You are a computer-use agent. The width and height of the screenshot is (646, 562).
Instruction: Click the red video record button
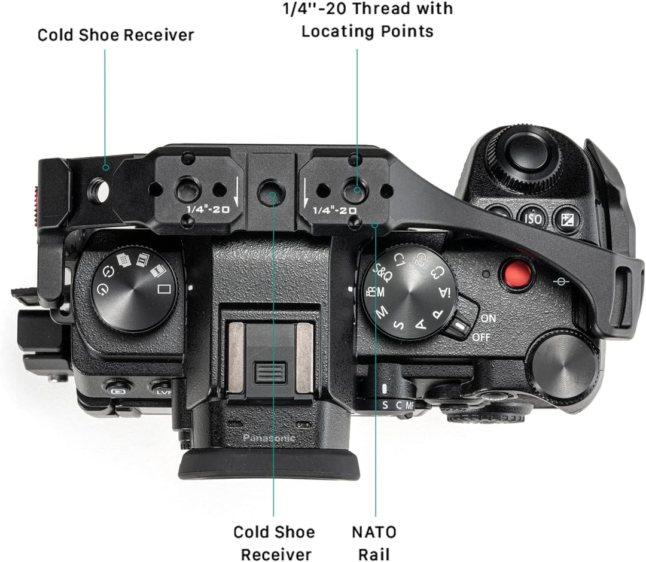[x=516, y=274]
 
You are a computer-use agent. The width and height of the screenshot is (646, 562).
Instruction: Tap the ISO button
[x=532, y=218]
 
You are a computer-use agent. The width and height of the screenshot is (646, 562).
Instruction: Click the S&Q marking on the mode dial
[x=382, y=271]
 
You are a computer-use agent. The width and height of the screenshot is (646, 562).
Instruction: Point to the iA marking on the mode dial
[x=444, y=292]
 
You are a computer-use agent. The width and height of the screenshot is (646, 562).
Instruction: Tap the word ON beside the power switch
[x=488, y=318]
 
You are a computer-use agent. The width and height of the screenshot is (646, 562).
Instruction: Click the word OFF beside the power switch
[x=481, y=338]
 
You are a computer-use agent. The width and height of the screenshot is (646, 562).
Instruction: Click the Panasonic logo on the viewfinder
[x=269, y=438]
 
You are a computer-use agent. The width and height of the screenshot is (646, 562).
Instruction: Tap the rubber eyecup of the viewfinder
[x=269, y=466]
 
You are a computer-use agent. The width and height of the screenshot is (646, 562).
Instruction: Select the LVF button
[x=162, y=390]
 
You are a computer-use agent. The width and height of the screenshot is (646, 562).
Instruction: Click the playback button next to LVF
[x=117, y=388]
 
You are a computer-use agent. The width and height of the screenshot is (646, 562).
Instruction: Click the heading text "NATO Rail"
[x=374, y=543]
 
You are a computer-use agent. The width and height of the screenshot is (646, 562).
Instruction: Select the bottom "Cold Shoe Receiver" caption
[x=275, y=543]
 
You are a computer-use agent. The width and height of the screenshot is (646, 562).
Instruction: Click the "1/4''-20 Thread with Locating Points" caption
[x=367, y=20]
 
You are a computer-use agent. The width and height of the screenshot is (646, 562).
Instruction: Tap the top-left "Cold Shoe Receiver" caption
[x=116, y=35]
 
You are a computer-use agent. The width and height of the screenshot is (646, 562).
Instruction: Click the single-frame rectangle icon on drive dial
[x=164, y=288]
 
